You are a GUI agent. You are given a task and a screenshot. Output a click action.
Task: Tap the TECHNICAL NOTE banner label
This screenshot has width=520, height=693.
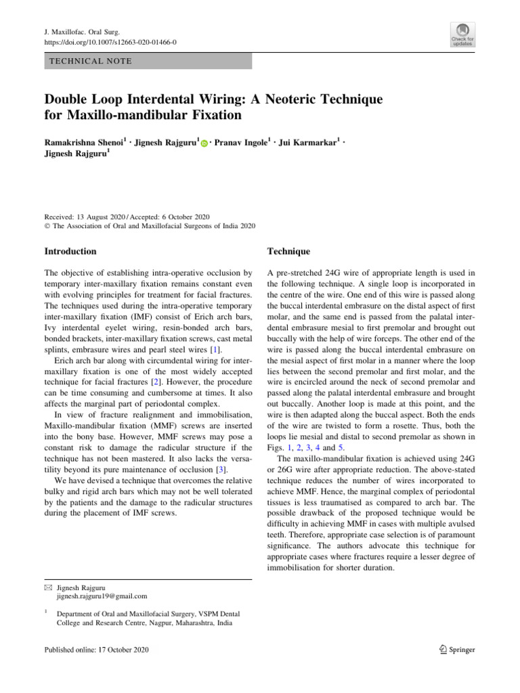tap(88, 62)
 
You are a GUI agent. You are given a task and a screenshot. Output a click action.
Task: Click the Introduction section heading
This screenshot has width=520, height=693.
tap(70, 251)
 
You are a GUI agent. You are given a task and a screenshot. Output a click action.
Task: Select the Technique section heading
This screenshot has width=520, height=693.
tap(288, 251)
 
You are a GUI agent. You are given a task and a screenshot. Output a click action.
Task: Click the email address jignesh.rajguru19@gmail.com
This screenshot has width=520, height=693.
tap(102, 596)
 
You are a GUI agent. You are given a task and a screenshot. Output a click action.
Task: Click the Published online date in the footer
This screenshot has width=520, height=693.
tap(96, 649)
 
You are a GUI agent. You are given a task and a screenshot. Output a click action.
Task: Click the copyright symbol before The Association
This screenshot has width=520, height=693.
tap(47, 226)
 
